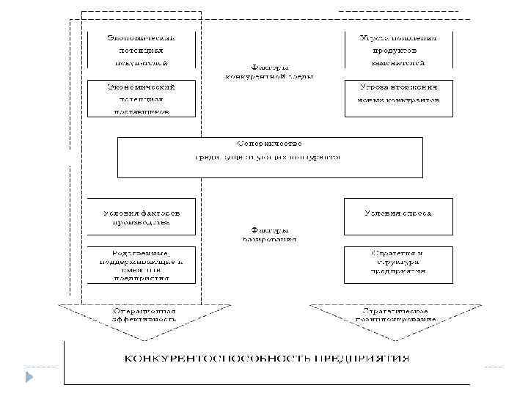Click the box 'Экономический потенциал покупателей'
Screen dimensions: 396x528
pos(141,51)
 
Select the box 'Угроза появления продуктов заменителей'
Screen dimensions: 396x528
pos(399,51)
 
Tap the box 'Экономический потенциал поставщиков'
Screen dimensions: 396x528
pos(141,99)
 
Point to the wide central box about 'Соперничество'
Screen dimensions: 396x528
pos(270,157)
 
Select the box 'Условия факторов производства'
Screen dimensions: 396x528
pos(141,217)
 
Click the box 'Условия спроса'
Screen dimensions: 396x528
pos(399,217)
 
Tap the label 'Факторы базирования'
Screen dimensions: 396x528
pos(269,234)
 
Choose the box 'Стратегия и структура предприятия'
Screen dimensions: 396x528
pos(399,263)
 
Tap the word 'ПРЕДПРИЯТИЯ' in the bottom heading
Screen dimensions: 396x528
pos(362,359)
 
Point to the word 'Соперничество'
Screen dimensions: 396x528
pos(270,143)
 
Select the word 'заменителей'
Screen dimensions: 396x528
pos(399,64)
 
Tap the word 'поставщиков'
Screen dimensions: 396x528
pos(141,111)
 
